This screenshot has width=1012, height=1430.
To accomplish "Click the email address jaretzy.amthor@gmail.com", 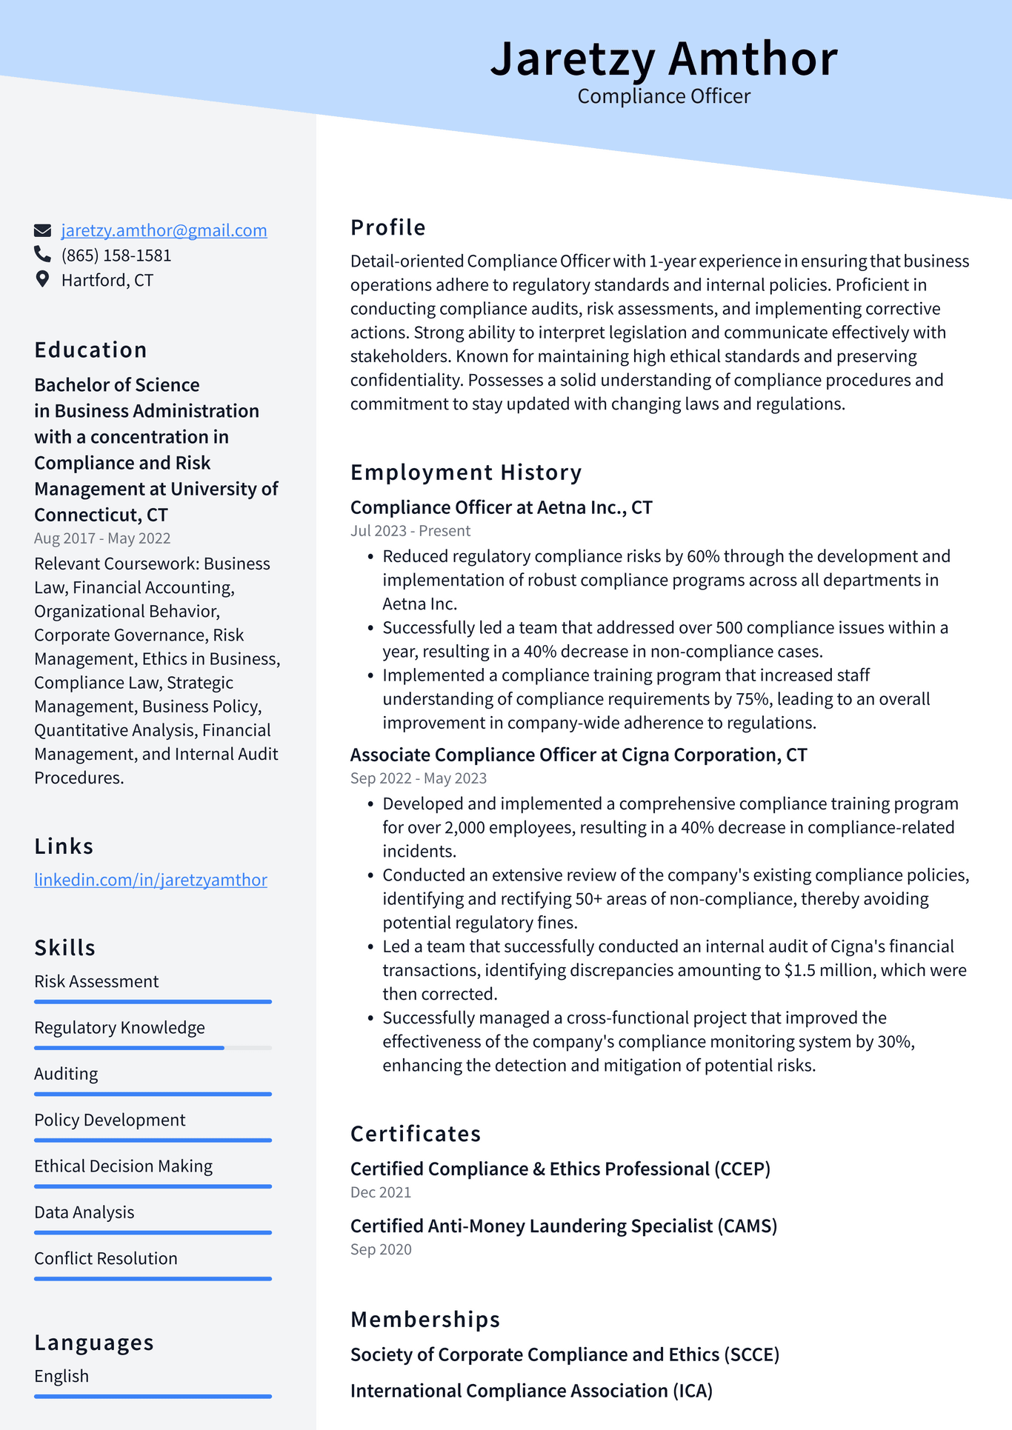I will (x=164, y=230).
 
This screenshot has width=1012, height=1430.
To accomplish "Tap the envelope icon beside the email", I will (x=43, y=230).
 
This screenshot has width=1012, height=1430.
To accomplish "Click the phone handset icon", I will (x=43, y=255).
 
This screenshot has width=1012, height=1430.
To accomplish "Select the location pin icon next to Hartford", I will (x=43, y=279).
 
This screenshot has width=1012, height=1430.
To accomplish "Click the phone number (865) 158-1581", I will (x=116, y=255).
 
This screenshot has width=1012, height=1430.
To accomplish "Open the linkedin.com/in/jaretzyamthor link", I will (x=150, y=880).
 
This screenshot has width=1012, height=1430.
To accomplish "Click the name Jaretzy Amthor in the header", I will (x=663, y=59).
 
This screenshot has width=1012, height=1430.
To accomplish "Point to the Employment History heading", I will (x=466, y=472).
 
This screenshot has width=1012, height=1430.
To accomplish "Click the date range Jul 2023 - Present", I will (x=410, y=531).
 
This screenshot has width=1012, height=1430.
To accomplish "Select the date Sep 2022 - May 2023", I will (x=419, y=778).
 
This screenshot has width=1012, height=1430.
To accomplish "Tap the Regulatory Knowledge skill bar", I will (x=153, y=1048).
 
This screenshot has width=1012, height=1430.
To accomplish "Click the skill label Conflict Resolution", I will (x=106, y=1258).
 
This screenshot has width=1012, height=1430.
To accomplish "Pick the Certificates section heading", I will (x=416, y=1134).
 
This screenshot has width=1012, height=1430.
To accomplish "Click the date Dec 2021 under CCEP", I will (x=381, y=1192).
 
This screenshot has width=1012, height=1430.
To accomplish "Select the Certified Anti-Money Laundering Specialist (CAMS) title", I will (x=564, y=1226).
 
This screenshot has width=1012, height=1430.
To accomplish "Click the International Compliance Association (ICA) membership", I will (x=531, y=1391).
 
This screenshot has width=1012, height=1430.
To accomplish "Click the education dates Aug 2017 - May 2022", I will (x=102, y=538).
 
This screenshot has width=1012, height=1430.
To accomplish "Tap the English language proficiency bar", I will (x=153, y=1397).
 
